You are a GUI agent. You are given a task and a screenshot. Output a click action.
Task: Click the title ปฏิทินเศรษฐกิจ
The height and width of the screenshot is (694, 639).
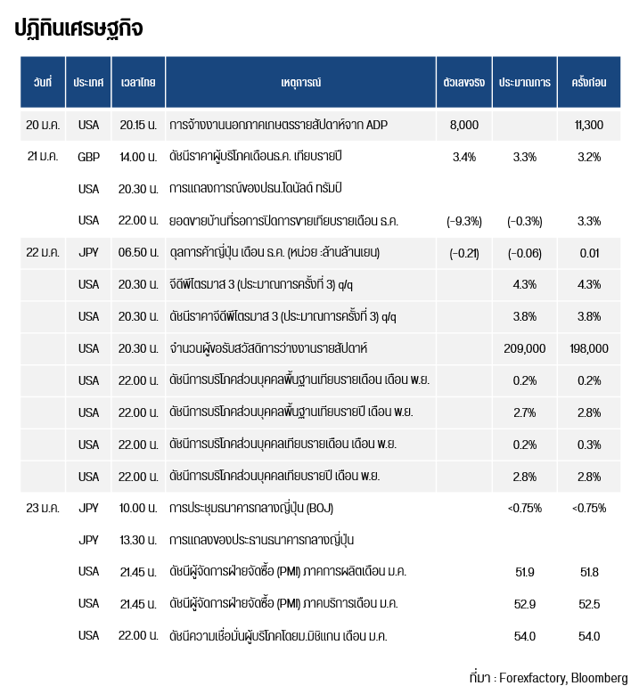click(78, 29)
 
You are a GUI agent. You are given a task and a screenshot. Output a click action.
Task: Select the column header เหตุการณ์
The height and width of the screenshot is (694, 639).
click(300, 82)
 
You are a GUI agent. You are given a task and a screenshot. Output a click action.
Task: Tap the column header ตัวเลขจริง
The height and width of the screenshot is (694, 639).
click(463, 82)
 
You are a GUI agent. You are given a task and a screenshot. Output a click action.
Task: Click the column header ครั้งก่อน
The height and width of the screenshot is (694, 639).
click(588, 82)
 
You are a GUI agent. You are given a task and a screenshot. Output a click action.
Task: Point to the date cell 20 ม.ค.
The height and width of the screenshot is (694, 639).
click(43, 125)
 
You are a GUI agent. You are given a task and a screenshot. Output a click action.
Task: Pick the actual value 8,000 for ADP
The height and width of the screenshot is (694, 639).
click(464, 125)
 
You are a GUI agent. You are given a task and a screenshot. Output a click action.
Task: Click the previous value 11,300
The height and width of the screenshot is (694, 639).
click(588, 125)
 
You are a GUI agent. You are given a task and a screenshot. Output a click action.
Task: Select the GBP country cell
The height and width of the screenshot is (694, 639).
click(88, 157)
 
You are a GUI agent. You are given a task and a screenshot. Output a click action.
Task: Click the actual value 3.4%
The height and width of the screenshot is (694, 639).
click(464, 157)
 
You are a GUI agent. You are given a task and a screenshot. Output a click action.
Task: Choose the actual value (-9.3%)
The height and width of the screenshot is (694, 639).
click(463, 221)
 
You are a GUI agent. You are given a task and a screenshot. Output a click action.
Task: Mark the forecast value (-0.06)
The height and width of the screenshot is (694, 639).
click(524, 253)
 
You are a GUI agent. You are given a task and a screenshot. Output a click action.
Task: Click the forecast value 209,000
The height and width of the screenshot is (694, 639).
click(524, 348)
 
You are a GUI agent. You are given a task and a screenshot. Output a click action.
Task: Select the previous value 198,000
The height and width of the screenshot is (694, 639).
click(588, 348)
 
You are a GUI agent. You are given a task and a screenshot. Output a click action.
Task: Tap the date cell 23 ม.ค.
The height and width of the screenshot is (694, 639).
click(43, 508)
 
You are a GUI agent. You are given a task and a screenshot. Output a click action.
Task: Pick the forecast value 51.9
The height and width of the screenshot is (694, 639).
click(525, 572)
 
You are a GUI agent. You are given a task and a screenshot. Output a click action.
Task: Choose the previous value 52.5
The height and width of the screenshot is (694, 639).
click(588, 604)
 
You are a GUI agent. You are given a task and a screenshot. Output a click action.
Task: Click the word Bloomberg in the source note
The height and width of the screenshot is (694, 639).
click(600, 676)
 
